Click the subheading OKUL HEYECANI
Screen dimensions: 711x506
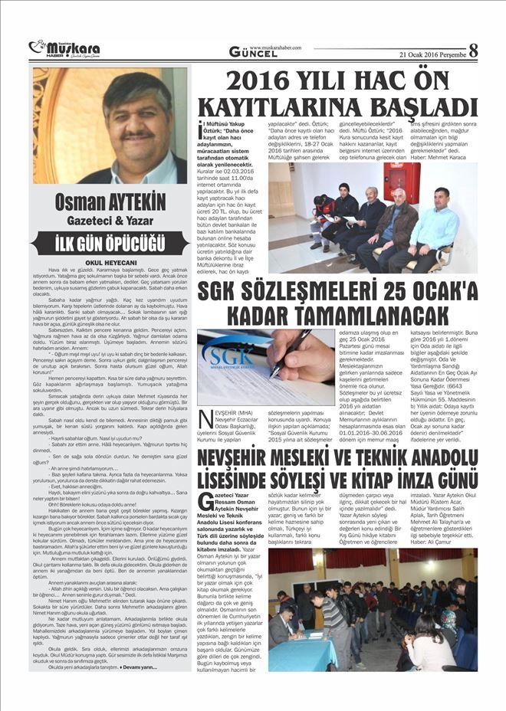(x=110, y=260)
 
